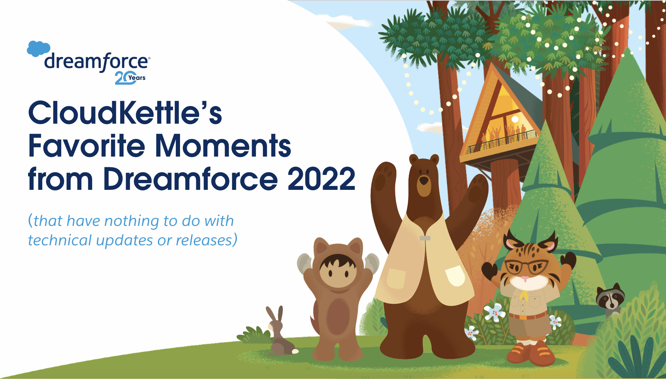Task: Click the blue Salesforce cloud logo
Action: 38,49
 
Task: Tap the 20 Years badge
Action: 130,78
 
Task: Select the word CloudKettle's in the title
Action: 125,113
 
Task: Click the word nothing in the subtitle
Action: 131,221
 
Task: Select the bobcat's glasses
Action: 526,267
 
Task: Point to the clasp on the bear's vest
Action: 425,238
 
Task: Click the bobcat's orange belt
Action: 528,316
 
